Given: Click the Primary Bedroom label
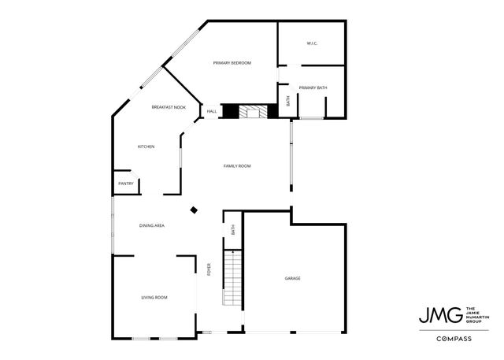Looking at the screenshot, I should [232, 63].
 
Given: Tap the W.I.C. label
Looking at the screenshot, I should [311, 43].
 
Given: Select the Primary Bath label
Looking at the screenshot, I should [313, 87].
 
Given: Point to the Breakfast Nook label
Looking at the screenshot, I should [169, 107].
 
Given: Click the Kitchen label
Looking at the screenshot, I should [146, 147].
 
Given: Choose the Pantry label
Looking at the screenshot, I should [125, 184].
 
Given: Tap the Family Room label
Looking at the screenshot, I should [236, 165].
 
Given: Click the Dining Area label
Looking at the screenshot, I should [151, 226].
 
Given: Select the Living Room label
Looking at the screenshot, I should [154, 297].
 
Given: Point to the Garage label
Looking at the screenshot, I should [293, 279].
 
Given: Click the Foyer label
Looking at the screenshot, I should [209, 269].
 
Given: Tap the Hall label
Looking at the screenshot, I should [212, 112].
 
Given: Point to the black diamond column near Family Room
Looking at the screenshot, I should [194, 210].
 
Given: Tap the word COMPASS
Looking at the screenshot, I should [455, 339].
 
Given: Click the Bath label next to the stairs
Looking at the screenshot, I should [233, 230].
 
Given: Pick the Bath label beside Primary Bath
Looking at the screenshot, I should [287, 101].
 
